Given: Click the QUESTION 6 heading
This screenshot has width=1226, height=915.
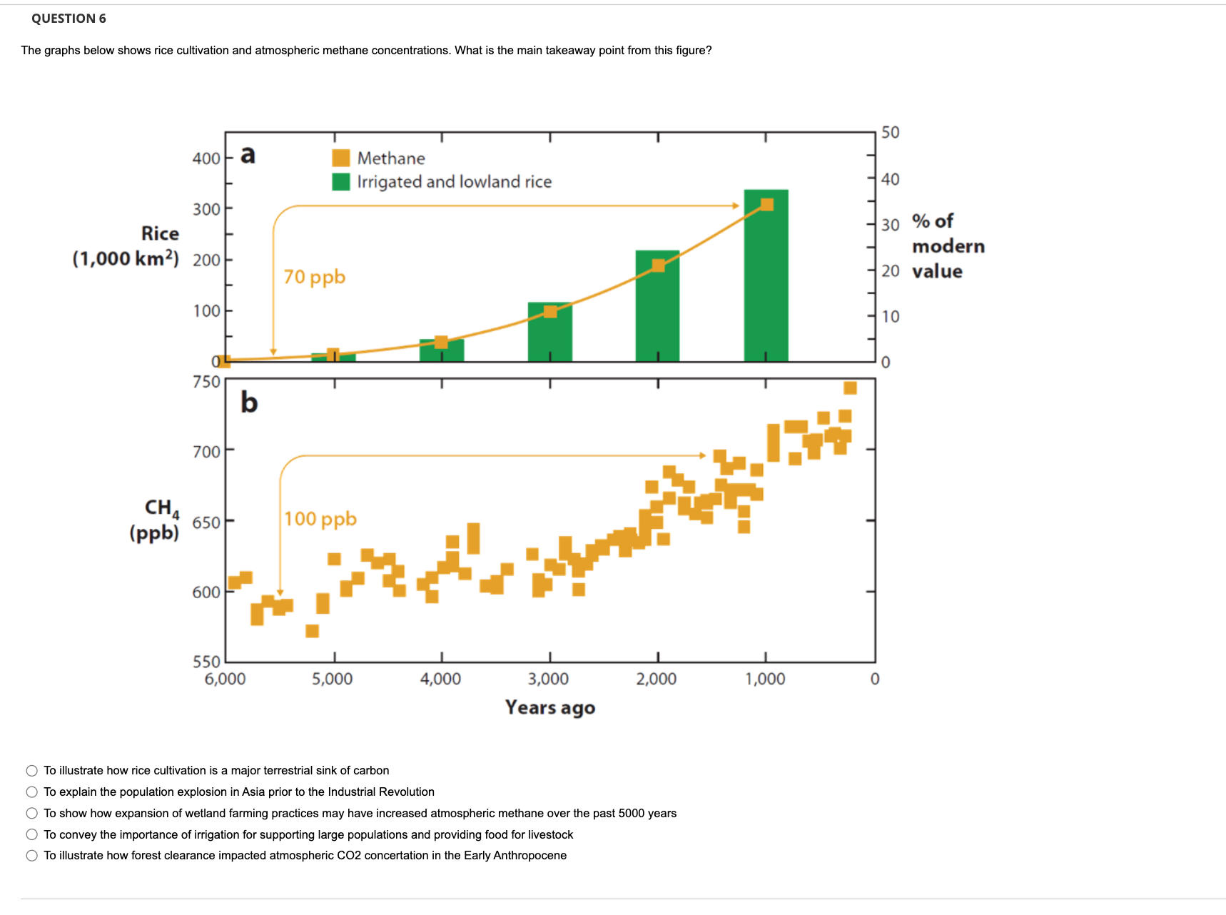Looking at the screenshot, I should click(69, 19).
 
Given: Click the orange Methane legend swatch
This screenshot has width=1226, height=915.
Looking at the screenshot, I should click(341, 158).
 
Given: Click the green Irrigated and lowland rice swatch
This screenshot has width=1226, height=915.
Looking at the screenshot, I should click(341, 181).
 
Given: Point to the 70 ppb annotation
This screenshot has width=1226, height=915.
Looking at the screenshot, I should click(314, 276).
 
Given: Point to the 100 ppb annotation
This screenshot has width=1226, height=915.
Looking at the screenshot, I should click(320, 518).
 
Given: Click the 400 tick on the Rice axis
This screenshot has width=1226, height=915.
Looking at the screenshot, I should click(206, 158).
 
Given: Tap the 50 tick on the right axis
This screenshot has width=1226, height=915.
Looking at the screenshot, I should click(890, 133).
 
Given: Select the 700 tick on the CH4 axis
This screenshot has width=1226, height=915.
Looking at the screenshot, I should click(206, 451).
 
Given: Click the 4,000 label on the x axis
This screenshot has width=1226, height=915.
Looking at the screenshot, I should click(440, 679).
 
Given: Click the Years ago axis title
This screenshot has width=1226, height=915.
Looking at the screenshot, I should click(549, 707).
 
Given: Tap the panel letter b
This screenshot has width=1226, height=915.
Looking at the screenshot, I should click(248, 403).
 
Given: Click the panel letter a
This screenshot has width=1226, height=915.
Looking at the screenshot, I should click(248, 154).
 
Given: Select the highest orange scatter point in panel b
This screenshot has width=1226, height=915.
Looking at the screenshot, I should click(850, 388).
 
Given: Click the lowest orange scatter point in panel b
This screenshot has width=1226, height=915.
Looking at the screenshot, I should click(312, 631).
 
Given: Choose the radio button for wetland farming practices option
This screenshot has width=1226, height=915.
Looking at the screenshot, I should click(32, 813).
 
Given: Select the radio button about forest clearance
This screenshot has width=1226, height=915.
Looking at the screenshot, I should click(32, 856).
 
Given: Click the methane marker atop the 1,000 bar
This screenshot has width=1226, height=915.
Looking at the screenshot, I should click(766, 205).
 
